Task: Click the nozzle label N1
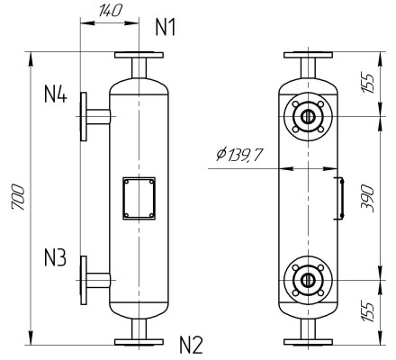(x=166, y=26)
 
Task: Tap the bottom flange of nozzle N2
(x=139, y=341)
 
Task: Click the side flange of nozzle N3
(x=83, y=281)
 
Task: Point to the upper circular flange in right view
(x=308, y=116)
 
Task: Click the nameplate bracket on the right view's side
(x=339, y=199)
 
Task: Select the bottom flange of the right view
(x=308, y=341)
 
